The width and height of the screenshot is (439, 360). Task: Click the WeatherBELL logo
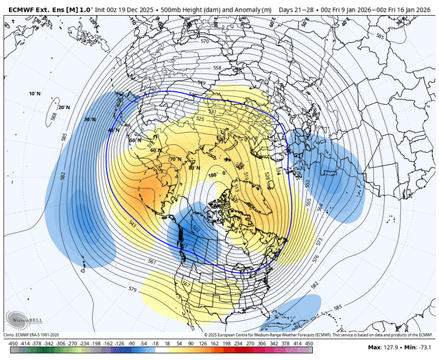click(21, 320)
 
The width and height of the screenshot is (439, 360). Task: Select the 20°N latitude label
click(64, 107)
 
